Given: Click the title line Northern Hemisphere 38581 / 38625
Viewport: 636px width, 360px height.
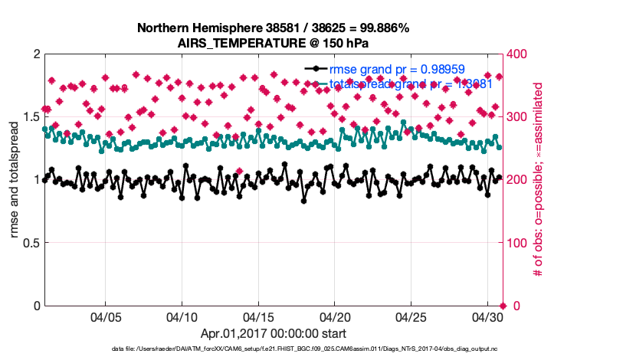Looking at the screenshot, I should pos(273,28).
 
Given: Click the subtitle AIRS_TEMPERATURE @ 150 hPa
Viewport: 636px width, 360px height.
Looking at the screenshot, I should pos(273,42).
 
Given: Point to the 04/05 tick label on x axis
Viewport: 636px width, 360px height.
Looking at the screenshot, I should pos(106,317).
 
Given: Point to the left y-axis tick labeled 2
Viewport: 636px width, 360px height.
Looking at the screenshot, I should pos(36,54).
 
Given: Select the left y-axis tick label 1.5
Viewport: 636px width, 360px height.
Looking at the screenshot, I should pos(31,117).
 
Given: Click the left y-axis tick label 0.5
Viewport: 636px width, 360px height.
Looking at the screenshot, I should pos(31,243).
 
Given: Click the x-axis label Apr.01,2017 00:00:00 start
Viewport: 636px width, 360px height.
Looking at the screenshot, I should pos(273,333).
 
